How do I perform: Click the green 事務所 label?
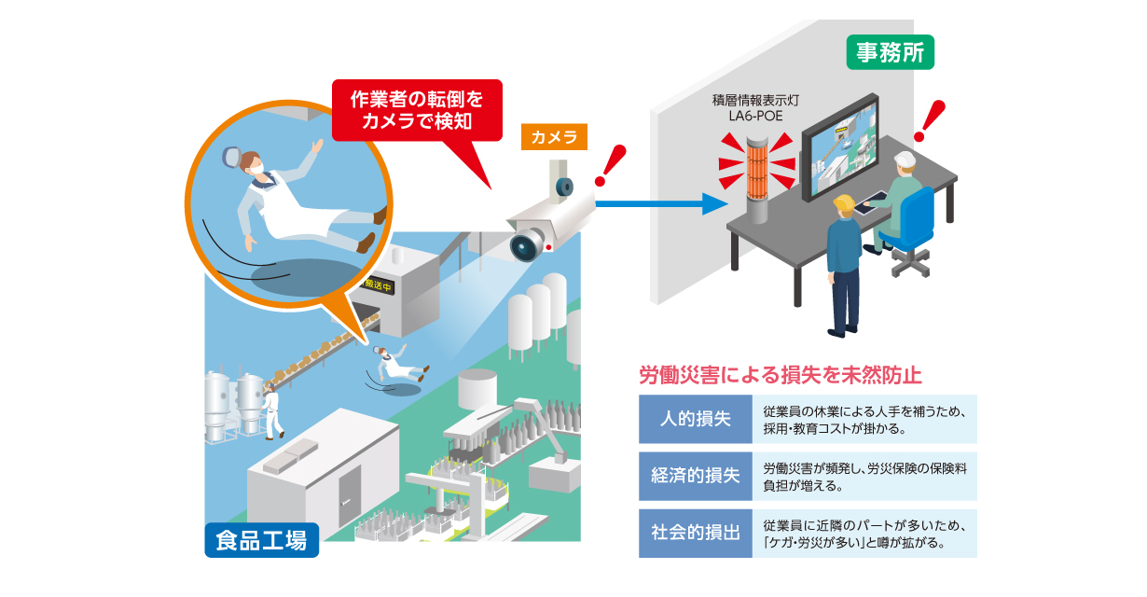point(889,53)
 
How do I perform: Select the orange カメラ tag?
point(553,137)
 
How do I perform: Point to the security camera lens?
point(525,245)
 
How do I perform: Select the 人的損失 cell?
point(695,419)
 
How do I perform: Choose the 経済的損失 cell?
point(695,476)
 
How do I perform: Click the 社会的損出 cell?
point(695,533)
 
